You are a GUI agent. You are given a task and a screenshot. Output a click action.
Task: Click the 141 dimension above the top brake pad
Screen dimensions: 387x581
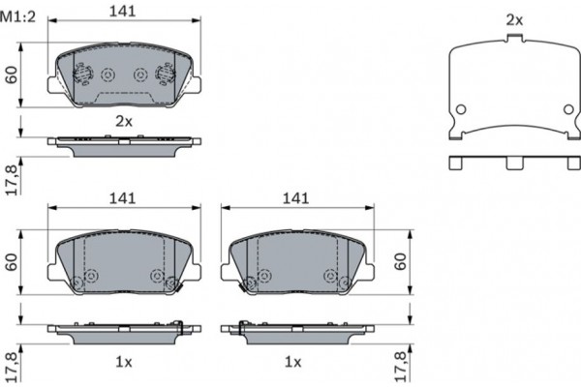pos(122,13)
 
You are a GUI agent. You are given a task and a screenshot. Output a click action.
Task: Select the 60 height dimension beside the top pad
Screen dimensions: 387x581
pos(13,74)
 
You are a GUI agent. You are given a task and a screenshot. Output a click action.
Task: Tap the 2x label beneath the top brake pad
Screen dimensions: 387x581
pos(123,121)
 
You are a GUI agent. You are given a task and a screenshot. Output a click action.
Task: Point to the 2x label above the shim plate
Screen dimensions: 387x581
pos(514,19)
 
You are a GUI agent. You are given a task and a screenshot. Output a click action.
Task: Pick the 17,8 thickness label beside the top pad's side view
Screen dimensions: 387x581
pos(13,181)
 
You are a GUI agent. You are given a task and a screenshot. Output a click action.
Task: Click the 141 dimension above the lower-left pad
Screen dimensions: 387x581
pos(122,197)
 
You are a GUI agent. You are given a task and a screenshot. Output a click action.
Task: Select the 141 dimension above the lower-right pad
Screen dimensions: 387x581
pos(295,197)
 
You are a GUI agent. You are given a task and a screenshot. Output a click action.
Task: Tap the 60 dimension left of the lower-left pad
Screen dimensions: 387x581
pos(13,262)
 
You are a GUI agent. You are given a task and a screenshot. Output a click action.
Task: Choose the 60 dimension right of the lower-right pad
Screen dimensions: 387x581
pos(402,262)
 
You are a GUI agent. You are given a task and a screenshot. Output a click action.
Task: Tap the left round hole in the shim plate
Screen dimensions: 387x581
pos(462,108)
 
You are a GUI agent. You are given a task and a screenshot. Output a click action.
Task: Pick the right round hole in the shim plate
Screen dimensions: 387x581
pos(567,108)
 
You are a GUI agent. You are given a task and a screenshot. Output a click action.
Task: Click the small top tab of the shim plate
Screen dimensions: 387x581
pos(515,39)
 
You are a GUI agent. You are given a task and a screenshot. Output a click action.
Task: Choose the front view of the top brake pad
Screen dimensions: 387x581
pos(123,74)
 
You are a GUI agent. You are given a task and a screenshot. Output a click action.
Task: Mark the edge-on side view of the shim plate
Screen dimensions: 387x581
pos(515,162)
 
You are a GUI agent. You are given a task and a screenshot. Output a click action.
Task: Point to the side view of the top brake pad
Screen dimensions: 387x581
pos(123,141)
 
